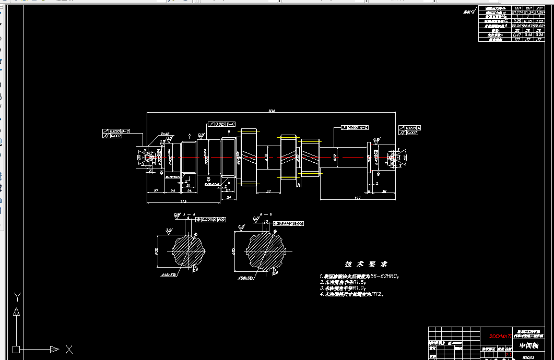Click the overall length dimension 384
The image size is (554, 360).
pos(272,111)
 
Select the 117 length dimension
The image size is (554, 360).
pos(358,198)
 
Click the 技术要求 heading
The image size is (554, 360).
pos(366,264)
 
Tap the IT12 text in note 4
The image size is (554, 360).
pos(377,295)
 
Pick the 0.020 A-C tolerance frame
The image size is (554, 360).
pos(358,127)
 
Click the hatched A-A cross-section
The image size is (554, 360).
pos(188,250)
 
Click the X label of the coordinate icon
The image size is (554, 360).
pos(69,349)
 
